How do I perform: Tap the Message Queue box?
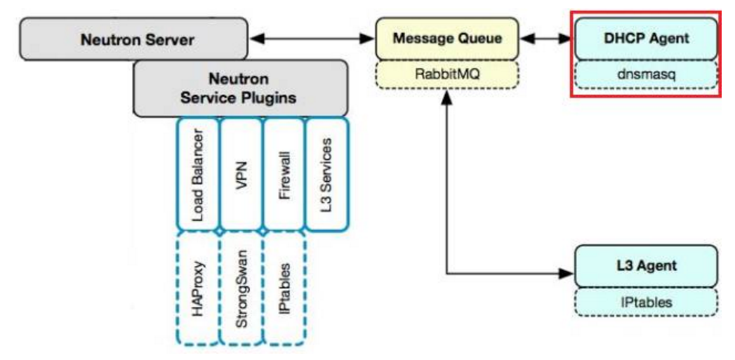click(x=447, y=39)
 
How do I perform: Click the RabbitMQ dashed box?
click(x=447, y=74)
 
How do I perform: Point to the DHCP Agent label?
click(x=647, y=39)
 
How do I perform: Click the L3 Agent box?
click(x=646, y=265)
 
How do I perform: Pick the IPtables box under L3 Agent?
click(x=646, y=302)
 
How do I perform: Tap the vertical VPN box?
click(x=241, y=173)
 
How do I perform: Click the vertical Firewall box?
click(x=284, y=173)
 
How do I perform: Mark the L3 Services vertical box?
click(x=326, y=173)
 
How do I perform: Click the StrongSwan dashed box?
click(x=241, y=288)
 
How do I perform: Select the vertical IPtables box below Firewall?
click(x=284, y=288)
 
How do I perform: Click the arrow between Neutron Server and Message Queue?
click(x=312, y=39)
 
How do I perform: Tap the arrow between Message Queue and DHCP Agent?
click(x=547, y=39)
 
